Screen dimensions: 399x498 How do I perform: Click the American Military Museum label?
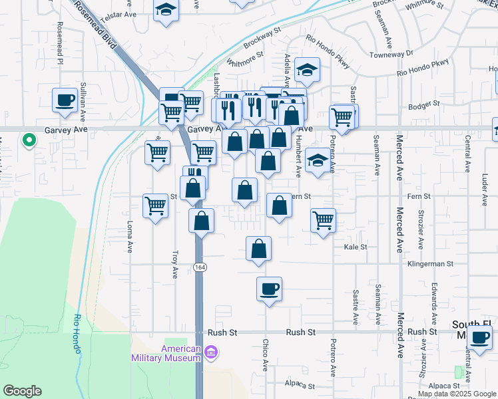(180, 353)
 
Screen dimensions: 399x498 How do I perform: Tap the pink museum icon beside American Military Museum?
(211, 351)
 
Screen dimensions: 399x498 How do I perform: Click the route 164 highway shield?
(199, 267)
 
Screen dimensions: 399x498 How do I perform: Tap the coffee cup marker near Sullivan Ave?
(65, 100)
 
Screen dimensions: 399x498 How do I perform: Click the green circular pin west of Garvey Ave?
(29, 140)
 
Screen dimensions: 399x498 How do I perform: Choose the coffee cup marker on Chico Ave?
(269, 289)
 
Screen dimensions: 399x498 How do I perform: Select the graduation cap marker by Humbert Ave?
(319, 160)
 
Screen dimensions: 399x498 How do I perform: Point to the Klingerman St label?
(431, 264)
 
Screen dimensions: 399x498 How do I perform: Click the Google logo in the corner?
(22, 391)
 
